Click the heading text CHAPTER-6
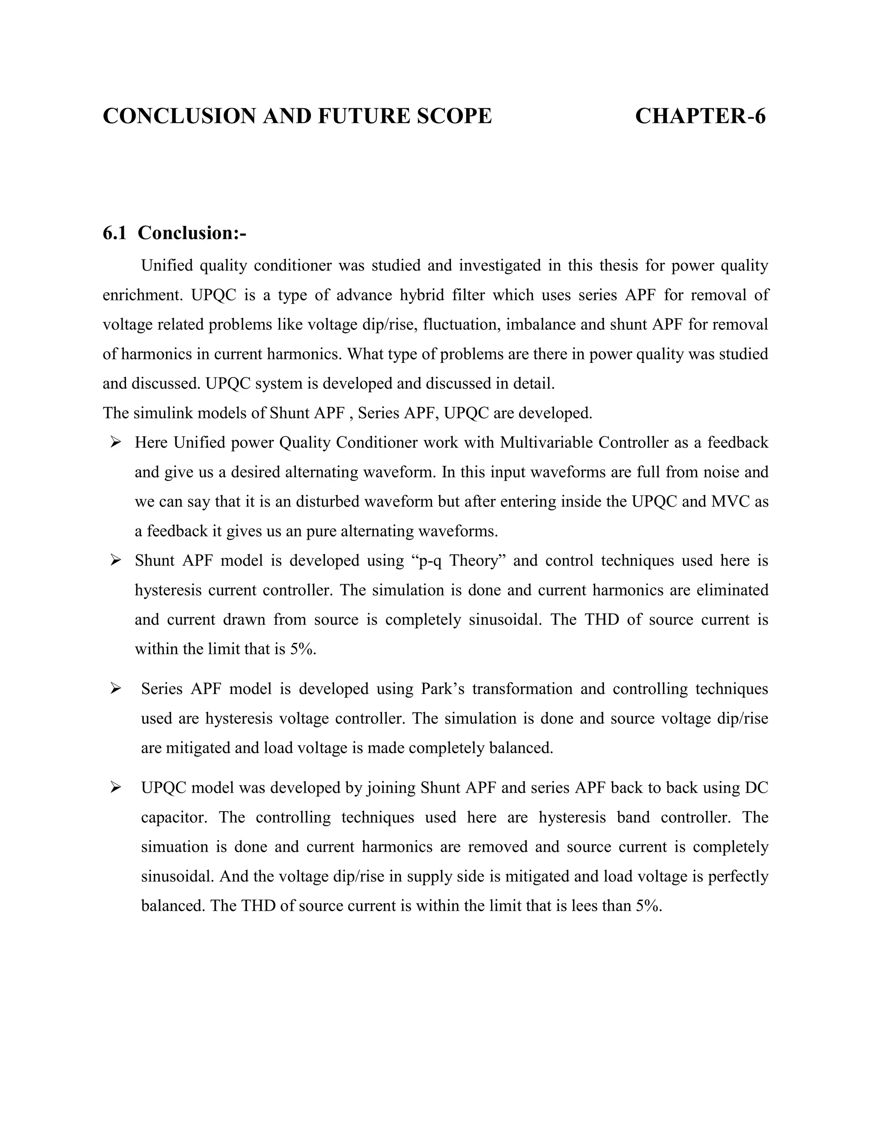click(x=700, y=116)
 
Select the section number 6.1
click(x=115, y=233)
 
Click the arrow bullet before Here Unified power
click(x=115, y=443)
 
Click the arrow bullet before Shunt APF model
click(x=115, y=560)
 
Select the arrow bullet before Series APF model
click(x=115, y=688)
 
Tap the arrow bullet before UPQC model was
click(x=115, y=787)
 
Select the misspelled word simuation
click(x=175, y=847)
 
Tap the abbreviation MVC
click(x=729, y=501)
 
